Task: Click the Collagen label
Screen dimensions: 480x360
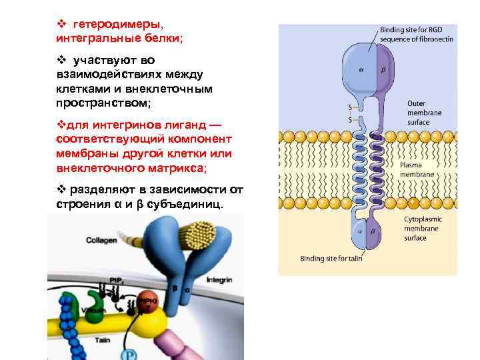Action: pyautogui.click(x=101, y=239)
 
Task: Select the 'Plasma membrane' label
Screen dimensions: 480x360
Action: pyautogui.click(x=417, y=169)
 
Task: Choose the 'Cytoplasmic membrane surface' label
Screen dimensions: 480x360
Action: pyautogui.click(x=424, y=228)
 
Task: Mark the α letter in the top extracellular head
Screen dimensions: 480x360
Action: pyautogui.click(x=361, y=68)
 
